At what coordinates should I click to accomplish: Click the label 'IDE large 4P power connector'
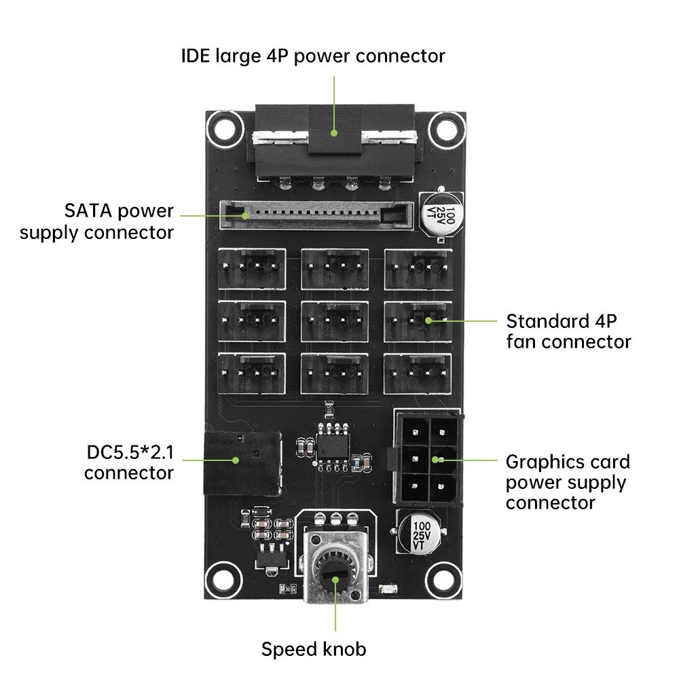pyautogui.click(x=313, y=55)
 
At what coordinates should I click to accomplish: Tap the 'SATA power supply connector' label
pyautogui.click(x=96, y=221)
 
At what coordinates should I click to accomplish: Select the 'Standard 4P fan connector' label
pyautogui.click(x=568, y=331)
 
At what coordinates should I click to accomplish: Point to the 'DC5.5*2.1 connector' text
pyautogui.click(x=128, y=462)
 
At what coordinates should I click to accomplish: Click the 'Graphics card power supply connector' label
pyautogui.click(x=568, y=482)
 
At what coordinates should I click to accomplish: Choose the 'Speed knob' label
pyautogui.click(x=314, y=649)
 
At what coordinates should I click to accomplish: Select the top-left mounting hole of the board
pyautogui.click(x=225, y=127)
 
